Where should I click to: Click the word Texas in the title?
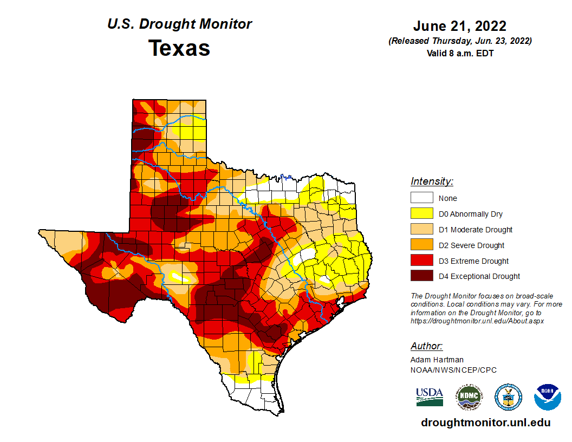179,48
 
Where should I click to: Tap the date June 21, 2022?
459,26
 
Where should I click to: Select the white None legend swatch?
421,198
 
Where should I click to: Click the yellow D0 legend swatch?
421,214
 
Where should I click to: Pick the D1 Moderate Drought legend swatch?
421,230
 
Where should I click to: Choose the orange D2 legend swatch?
421,245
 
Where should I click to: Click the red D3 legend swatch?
421,261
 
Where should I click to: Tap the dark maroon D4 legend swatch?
421,276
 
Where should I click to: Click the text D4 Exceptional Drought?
479,276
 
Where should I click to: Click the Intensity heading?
432,181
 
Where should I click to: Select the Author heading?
426,346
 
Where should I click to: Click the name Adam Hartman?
437,360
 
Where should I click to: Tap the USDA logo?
430,396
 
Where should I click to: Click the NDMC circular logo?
469,398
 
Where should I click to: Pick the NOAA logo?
547,398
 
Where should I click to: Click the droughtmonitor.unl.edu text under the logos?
486,423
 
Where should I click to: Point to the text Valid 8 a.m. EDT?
459,53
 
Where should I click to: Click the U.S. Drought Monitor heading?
179,24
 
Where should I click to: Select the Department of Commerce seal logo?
508,398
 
